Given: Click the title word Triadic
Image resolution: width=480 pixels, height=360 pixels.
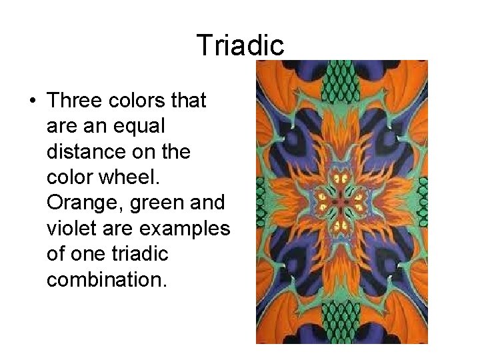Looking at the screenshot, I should (240, 45).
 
